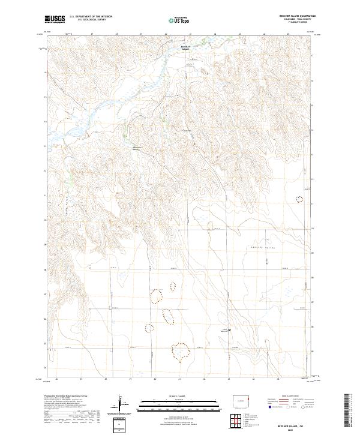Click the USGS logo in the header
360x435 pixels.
(55, 19)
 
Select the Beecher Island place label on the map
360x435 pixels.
(185, 47)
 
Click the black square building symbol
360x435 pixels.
(229, 329)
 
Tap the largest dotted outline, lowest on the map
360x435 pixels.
(179, 352)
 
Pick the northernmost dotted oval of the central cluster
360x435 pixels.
(156, 296)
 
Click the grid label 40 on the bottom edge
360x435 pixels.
(155, 379)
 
